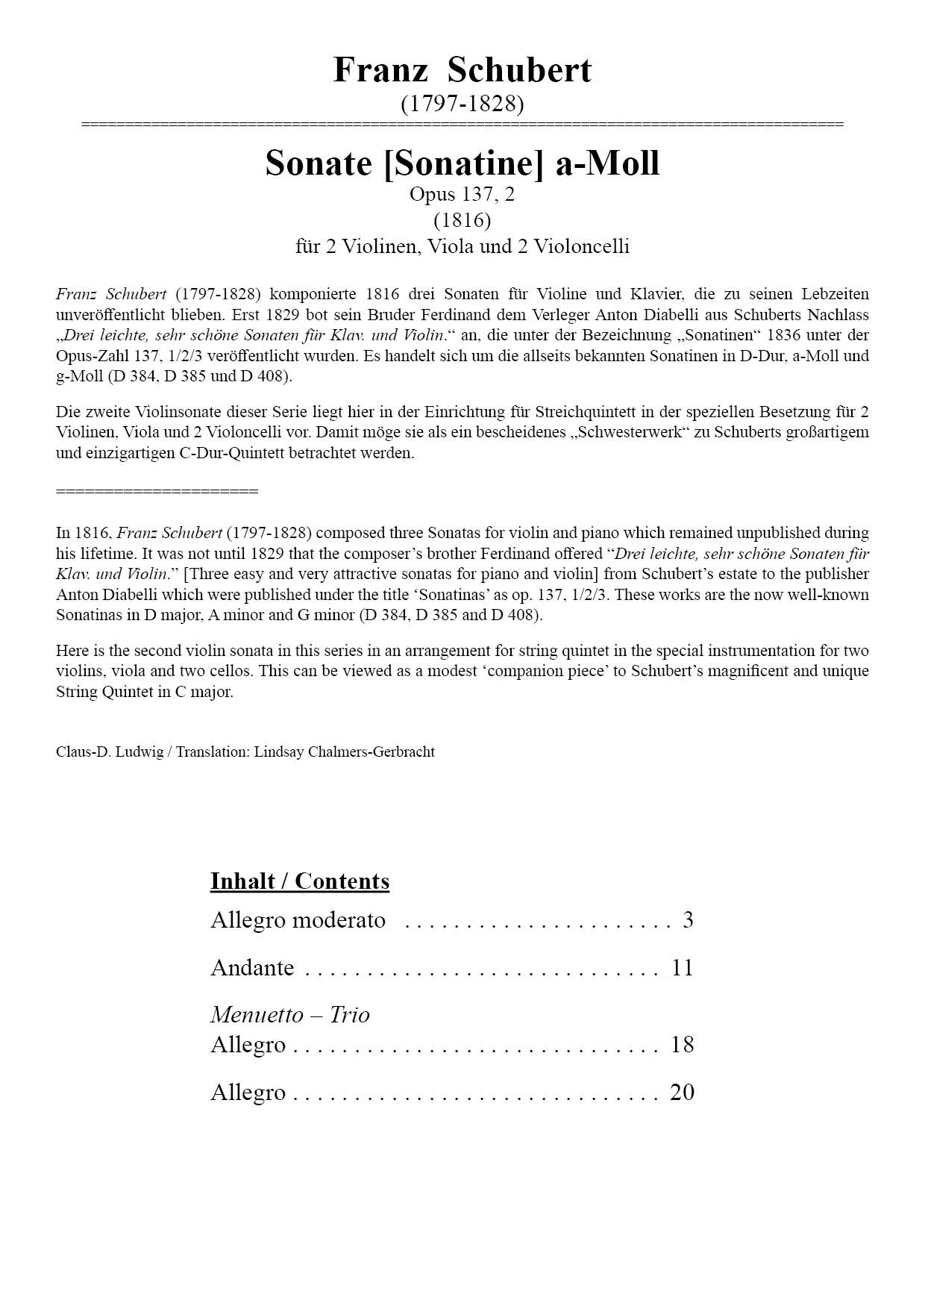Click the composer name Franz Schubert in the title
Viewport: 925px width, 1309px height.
[462, 70]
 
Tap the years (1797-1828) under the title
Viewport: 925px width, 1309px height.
[462, 104]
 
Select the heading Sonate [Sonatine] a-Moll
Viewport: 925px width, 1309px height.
[462, 163]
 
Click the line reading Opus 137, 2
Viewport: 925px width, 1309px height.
[462, 195]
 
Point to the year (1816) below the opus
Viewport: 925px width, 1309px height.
[462, 220]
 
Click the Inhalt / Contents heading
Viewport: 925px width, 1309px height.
[299, 881]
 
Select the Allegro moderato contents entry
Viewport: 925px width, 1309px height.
[298, 920]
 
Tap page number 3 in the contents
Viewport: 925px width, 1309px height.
[688, 920]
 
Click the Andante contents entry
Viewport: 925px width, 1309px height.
[252, 968]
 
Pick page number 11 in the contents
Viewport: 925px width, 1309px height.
[683, 968]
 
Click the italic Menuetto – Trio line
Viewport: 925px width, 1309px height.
[289, 1015]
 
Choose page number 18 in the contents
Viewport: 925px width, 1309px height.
[683, 1045]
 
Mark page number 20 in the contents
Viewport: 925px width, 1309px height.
[683, 1093]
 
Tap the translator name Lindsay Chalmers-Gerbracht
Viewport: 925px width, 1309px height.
[344, 752]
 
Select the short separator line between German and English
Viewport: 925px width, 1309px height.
[157, 491]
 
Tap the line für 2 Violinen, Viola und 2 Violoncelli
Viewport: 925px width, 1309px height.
[462, 246]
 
